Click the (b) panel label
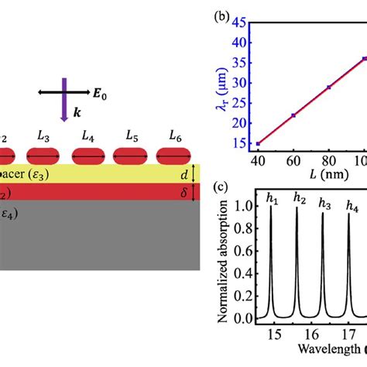pyautogui.click(x=230, y=14)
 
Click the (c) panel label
pyautogui.click(x=230, y=190)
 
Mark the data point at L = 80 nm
pyautogui.click(x=329, y=87)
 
